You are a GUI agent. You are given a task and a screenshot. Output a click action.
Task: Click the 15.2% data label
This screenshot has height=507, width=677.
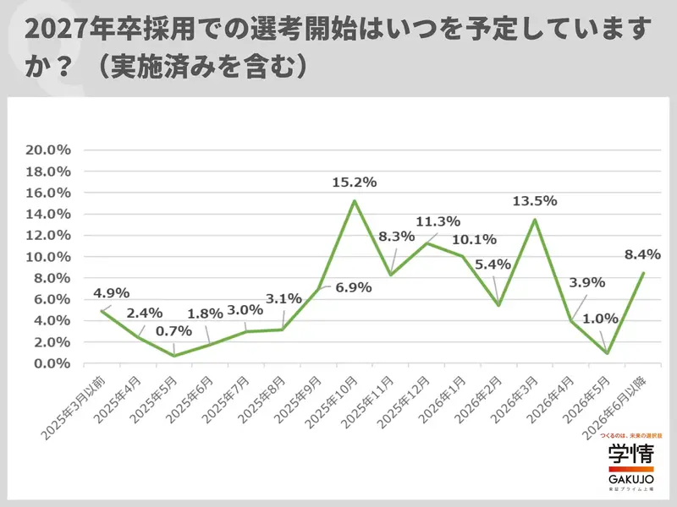point(354,182)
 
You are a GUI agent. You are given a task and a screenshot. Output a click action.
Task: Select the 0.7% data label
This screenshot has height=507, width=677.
point(173,331)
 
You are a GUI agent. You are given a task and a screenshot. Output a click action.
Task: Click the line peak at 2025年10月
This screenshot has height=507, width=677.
point(354,200)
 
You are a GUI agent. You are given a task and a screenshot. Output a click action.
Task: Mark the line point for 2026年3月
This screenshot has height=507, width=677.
point(535,219)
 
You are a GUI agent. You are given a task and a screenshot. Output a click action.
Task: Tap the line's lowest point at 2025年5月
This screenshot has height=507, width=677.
point(173,356)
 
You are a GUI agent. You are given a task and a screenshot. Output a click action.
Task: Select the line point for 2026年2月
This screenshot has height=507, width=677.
point(498,305)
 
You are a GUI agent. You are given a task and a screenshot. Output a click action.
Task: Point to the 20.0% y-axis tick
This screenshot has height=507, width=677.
point(49,150)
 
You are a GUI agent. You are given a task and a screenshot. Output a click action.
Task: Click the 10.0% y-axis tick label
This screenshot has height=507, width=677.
point(49,257)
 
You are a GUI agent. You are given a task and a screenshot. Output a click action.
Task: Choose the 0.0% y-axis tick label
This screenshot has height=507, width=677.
point(52,363)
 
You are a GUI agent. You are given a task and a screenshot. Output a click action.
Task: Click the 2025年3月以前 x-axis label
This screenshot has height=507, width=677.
point(74,405)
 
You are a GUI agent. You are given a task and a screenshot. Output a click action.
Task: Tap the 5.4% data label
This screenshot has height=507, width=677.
point(493,264)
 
